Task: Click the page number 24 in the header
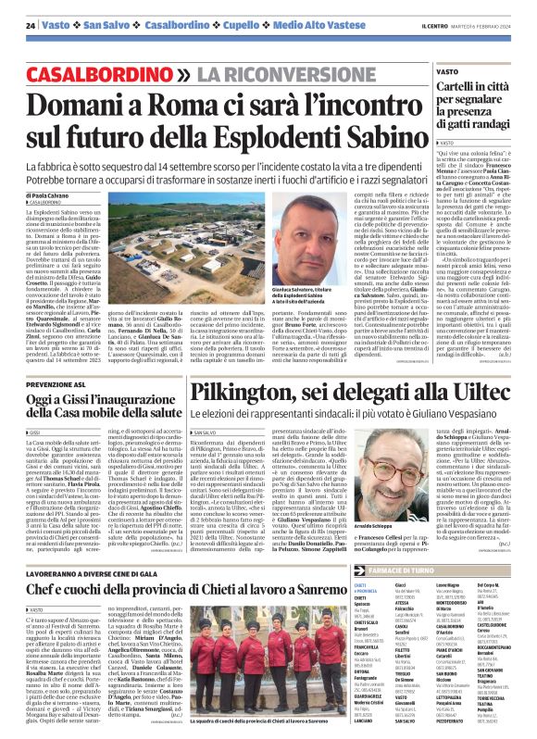(x=30, y=24)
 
